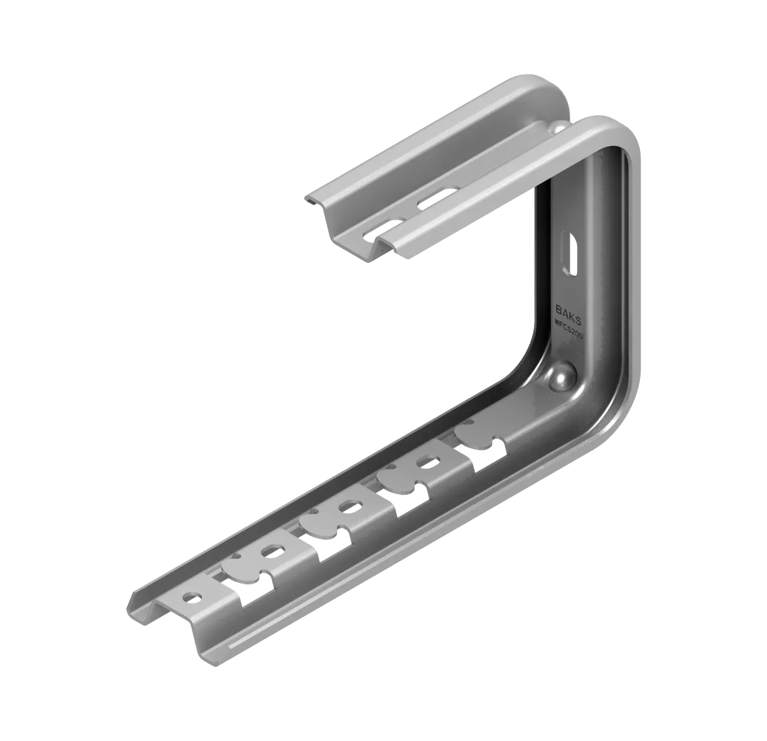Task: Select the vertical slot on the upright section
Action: pyautogui.click(x=570, y=257)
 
